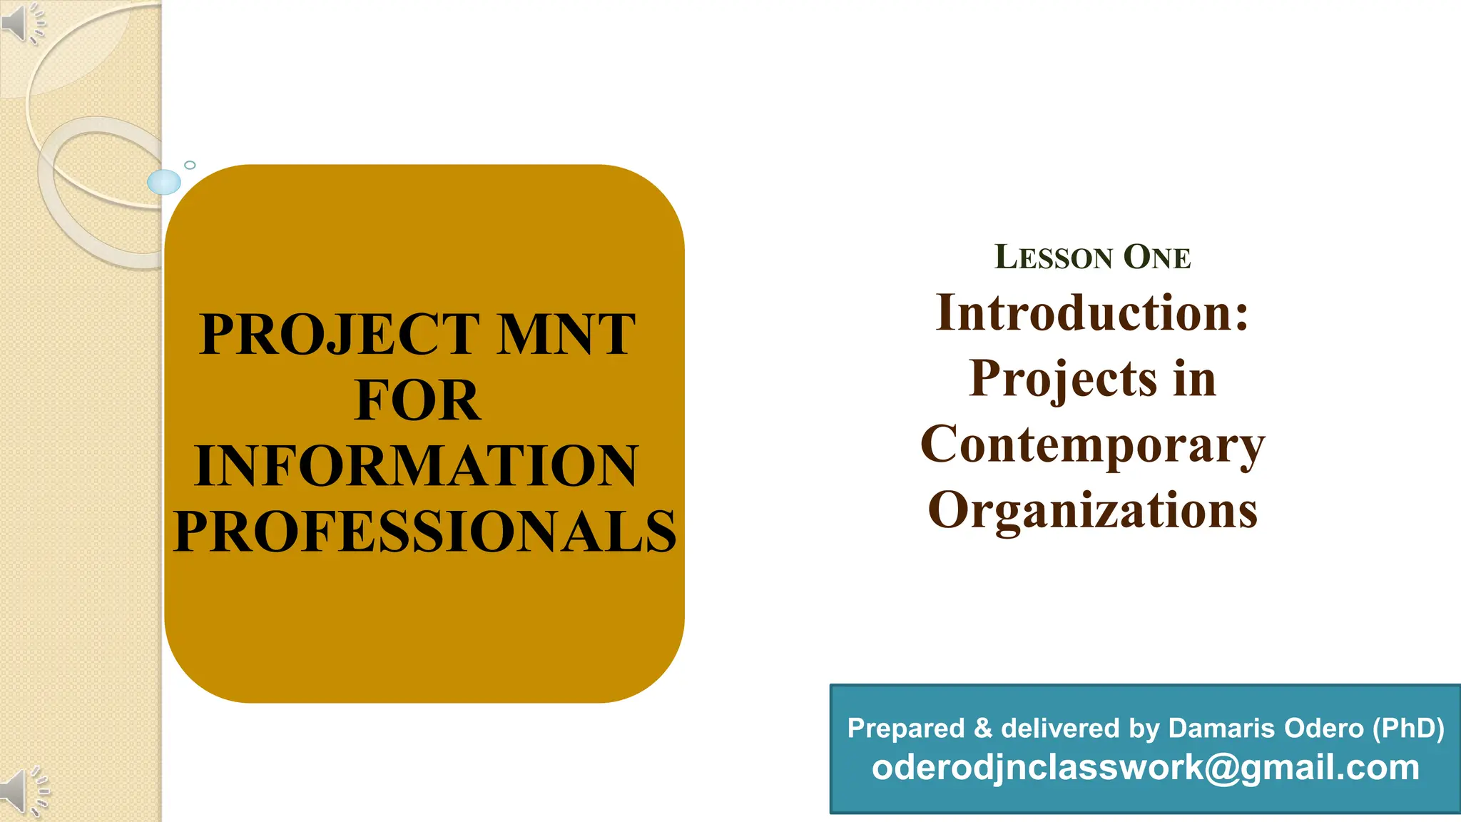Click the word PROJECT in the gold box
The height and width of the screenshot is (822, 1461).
click(340, 334)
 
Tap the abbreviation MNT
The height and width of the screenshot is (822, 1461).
click(566, 334)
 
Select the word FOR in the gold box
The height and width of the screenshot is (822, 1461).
click(417, 400)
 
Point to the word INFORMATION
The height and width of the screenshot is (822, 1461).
click(416, 466)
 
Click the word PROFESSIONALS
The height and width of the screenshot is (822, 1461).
click(424, 532)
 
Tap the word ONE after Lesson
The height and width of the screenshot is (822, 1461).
click(1157, 258)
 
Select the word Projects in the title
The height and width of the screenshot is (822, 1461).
click(1063, 378)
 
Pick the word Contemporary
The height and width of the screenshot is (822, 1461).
click(1092, 445)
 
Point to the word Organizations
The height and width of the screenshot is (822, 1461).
click(1092, 510)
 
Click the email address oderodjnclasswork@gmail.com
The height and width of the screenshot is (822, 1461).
click(1145, 768)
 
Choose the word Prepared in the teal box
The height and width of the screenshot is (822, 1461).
click(906, 729)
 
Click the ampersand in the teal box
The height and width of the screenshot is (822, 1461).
click(982, 729)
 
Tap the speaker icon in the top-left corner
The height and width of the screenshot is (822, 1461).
click(21, 23)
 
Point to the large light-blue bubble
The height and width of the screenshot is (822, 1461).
click(164, 182)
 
